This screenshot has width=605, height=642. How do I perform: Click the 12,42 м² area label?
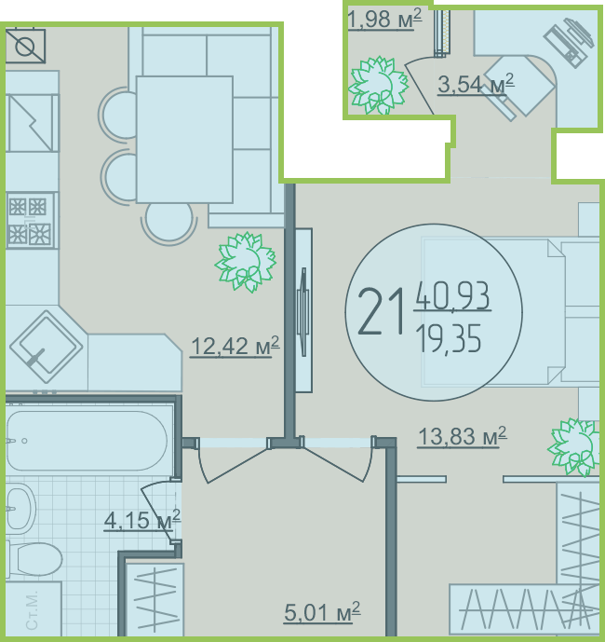click(x=235, y=347)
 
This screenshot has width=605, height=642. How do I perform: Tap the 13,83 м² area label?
click(x=463, y=436)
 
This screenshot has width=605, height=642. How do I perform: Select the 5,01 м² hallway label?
click(x=322, y=612)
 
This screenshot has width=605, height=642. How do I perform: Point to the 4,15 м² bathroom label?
click(x=142, y=520)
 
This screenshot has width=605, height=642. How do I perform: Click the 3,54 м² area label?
click(x=476, y=84)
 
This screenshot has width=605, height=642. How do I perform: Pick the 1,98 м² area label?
click(x=384, y=19)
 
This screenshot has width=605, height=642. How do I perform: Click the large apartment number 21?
click(x=382, y=311)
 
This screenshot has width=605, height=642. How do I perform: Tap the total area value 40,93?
click(x=453, y=295)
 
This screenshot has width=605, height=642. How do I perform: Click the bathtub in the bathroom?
click(x=87, y=441)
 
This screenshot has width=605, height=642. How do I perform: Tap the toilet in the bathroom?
click(x=34, y=559)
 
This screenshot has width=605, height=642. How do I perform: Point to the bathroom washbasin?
click(x=20, y=509)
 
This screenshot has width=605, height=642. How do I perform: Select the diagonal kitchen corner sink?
click(x=47, y=348)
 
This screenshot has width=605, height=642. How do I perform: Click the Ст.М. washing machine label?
click(x=32, y=610)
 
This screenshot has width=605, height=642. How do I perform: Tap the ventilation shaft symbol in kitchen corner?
click(x=25, y=46)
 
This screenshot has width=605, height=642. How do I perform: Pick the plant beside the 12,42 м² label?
click(x=246, y=262)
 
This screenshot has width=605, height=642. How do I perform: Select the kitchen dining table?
click(x=184, y=140)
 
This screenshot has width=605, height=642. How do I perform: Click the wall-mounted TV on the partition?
click(x=304, y=310)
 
